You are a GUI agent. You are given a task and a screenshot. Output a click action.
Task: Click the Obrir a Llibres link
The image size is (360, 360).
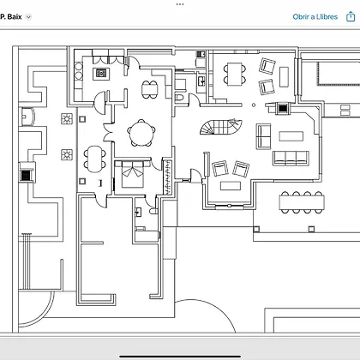[x=315, y=17]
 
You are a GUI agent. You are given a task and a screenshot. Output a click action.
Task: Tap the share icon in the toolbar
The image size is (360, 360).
[x=351, y=16]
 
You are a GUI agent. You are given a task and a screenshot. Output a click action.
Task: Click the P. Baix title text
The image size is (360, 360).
[x=11, y=17]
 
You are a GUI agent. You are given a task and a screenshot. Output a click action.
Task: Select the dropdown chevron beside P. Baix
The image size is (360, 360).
[x=28, y=17]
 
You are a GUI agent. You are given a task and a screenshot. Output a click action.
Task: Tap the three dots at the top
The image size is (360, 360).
[x=180, y=4]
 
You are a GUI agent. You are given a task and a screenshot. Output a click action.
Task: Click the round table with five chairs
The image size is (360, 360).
[x=141, y=133]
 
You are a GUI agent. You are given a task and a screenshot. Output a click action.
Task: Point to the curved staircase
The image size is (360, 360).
[x=221, y=127]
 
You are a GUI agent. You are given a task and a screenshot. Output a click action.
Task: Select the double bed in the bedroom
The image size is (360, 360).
[x=132, y=174]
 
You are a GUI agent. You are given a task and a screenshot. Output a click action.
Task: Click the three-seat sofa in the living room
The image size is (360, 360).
[x=291, y=159]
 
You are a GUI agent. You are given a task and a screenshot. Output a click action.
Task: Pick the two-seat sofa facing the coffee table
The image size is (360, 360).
[x=263, y=136]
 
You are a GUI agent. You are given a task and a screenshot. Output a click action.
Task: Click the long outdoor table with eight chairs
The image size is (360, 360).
[x=302, y=202]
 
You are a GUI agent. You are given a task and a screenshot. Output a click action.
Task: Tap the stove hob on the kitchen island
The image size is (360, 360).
[x=101, y=74]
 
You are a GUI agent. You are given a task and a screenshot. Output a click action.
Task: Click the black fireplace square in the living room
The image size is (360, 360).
[x=283, y=109]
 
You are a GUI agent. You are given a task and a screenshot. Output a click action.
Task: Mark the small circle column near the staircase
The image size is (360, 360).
[x=254, y=105]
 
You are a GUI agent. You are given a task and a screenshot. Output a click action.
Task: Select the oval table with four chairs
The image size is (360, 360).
[x=94, y=159]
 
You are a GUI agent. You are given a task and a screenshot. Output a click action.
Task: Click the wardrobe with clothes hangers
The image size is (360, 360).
[x=167, y=177]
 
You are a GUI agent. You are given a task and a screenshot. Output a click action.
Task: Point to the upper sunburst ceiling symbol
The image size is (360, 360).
[x=67, y=119]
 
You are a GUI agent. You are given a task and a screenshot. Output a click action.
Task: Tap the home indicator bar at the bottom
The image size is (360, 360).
[x=180, y=357]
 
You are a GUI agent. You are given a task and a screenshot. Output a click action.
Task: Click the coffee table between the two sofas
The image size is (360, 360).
[x=291, y=136]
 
